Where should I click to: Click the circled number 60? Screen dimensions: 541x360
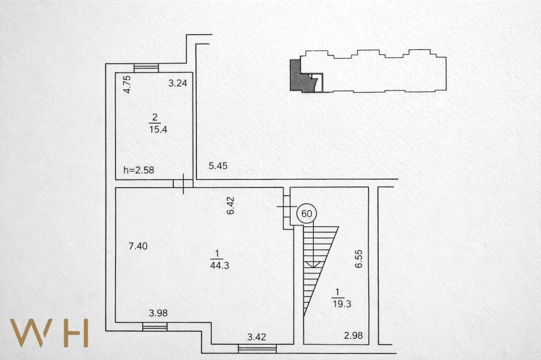pos(306,214)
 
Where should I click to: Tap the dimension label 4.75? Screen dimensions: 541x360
pos(127,84)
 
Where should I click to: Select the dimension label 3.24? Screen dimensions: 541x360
pos(177,83)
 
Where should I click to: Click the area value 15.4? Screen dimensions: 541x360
pos(158,130)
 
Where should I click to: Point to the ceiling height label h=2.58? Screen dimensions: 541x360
pos(138,170)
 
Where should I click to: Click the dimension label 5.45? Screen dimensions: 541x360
pos(218,166)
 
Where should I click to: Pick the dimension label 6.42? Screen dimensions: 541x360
pos(230,205)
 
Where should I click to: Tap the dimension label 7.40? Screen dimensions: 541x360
pos(138,246)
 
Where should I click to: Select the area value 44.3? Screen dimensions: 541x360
pos(220,265)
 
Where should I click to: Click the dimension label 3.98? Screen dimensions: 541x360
pos(159,313)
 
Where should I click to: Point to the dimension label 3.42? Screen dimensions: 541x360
pos(256,337)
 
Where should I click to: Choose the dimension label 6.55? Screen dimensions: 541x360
pos(359,258)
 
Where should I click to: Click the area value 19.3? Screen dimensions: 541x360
pos(342,304)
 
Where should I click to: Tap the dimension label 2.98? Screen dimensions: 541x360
pos(353,336)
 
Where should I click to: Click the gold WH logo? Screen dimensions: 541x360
pos(49,333)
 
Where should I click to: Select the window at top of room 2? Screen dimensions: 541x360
pos(146,68)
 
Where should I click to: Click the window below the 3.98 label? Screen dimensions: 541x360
pos(155,326)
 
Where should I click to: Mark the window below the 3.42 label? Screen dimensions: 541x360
pos(258,349)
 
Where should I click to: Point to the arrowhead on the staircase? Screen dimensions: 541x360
pos(313,264)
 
